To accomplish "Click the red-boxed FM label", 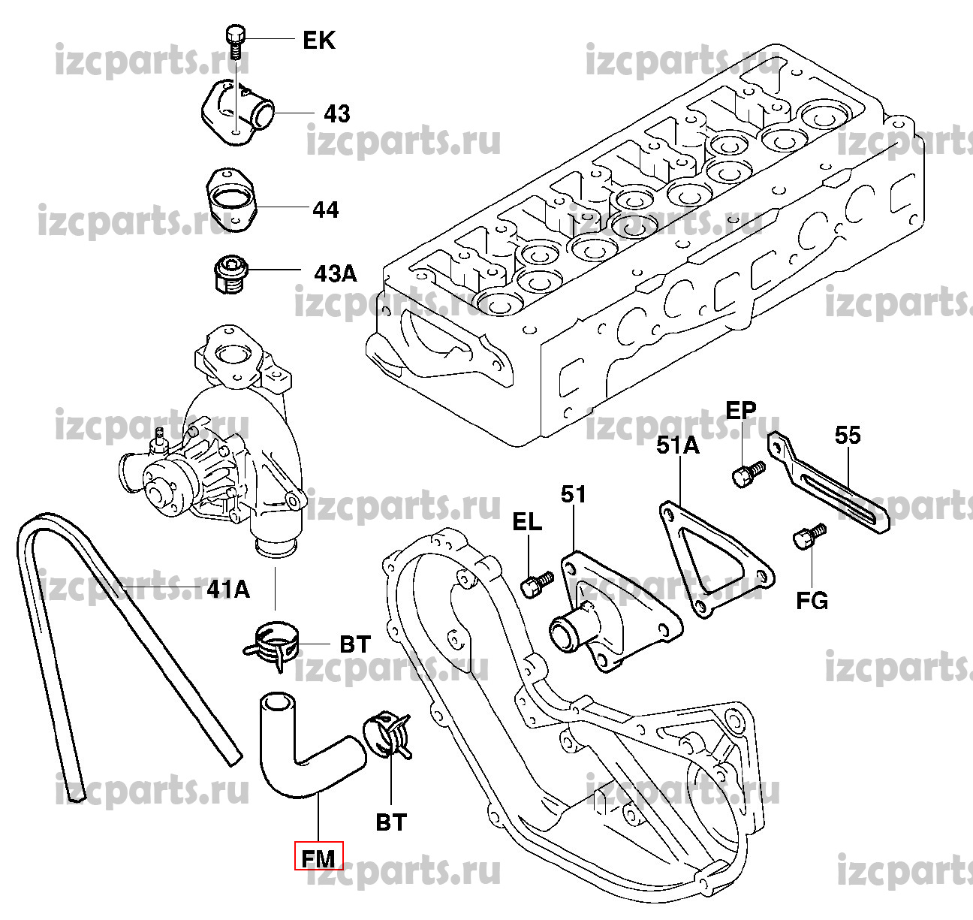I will click(x=318, y=856).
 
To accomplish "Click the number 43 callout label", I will click(x=337, y=114).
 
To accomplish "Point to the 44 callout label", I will click(x=325, y=210).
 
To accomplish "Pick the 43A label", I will click(x=336, y=273).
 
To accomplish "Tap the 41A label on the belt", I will click(x=227, y=590).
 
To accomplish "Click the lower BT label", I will click(x=390, y=823).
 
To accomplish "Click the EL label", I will click(x=528, y=523).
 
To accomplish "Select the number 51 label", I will click(x=574, y=494).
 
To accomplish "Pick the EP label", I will click(x=741, y=410).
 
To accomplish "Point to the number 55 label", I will click(x=848, y=435).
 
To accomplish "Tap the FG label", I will click(x=812, y=601).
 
